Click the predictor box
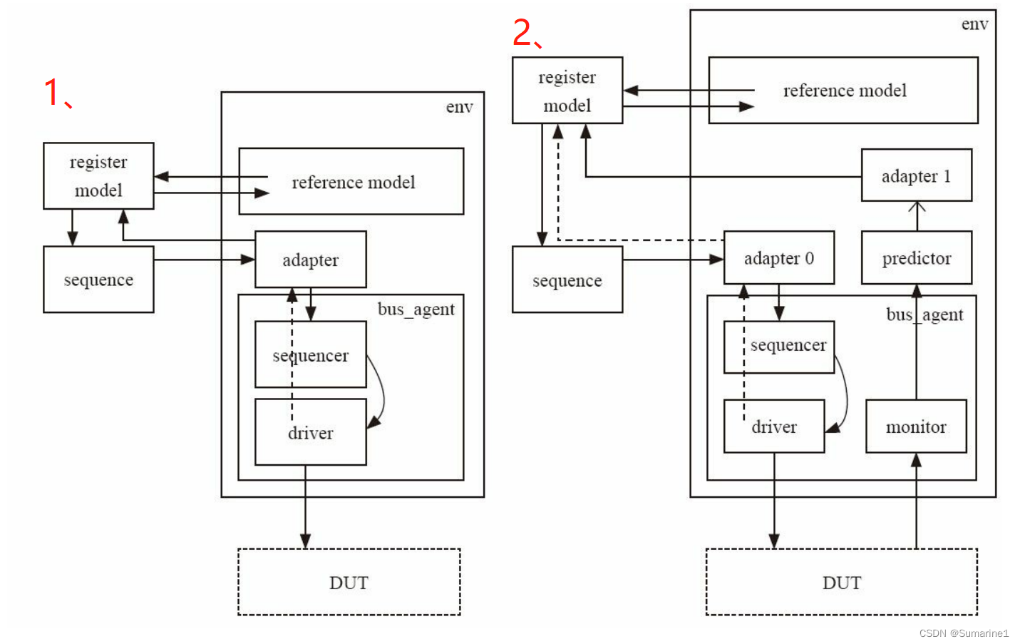(x=916, y=258)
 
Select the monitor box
(x=916, y=426)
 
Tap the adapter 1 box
(x=916, y=175)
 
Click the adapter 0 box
(x=778, y=258)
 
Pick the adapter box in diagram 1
(x=310, y=260)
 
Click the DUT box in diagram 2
(x=841, y=582)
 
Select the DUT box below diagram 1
(x=349, y=582)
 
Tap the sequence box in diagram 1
(x=98, y=280)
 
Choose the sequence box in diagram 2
(x=567, y=280)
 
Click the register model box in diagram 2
(x=567, y=91)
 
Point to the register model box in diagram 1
(x=98, y=175)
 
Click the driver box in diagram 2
(x=773, y=426)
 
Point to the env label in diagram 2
(x=974, y=24)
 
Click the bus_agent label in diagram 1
(x=416, y=309)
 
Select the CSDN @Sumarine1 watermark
(x=964, y=633)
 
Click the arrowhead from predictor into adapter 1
(x=917, y=207)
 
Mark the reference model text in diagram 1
(x=353, y=183)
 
